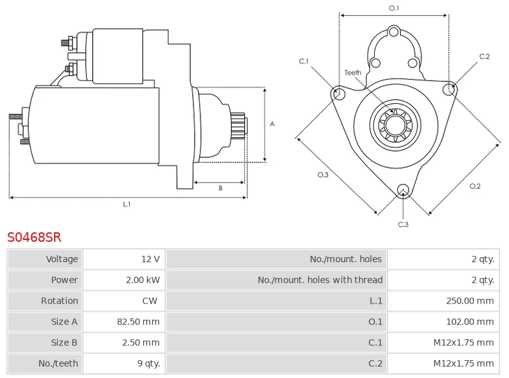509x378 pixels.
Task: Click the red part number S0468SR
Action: point(34,237)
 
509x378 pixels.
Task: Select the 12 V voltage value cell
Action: point(150,259)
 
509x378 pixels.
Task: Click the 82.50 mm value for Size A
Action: point(138,322)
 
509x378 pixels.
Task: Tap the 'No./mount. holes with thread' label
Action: point(320,280)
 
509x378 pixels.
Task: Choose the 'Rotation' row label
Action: point(59,301)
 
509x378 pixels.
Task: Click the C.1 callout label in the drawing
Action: point(304,61)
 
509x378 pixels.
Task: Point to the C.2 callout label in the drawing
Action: point(484,57)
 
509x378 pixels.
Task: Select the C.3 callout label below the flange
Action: point(403,224)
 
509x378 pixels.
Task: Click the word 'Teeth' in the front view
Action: point(352,73)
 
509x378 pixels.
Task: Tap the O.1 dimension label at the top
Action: point(394,8)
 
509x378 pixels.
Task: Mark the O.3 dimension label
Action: point(323,176)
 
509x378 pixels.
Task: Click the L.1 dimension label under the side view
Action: point(127,204)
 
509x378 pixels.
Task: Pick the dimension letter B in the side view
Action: point(220,188)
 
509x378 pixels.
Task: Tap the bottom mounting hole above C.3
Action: point(402,189)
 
